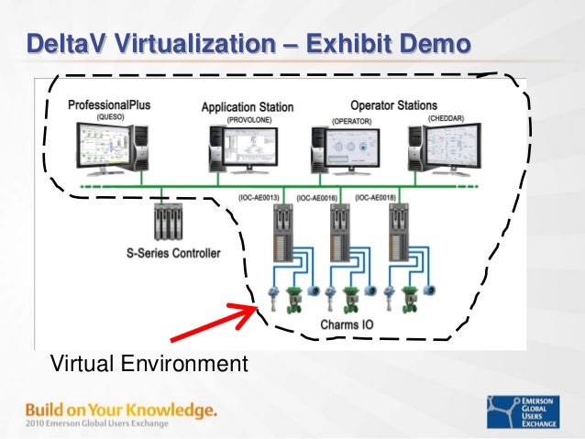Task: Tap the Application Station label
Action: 248,107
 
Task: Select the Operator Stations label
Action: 393,105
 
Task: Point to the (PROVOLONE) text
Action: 248,119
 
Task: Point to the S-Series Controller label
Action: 173,253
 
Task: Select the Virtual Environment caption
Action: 148,365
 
